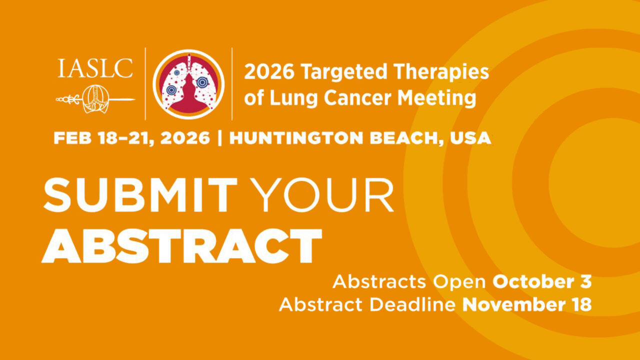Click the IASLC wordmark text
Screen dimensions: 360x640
point(95,68)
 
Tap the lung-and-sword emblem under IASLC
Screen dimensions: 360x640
point(95,99)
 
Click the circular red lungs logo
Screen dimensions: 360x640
point(188,83)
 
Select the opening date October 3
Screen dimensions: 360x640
point(542,282)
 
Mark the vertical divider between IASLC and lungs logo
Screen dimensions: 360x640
point(145,83)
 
